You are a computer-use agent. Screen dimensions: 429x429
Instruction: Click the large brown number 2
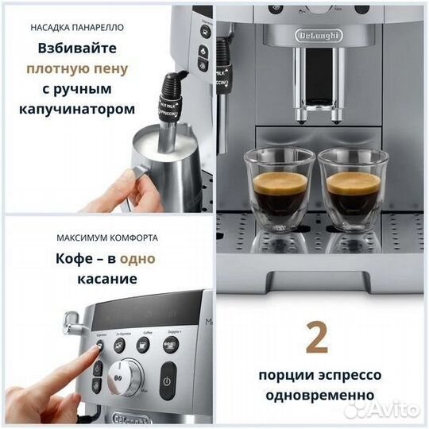point(317,338)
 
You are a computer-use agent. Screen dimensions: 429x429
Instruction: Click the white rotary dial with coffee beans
point(129,374)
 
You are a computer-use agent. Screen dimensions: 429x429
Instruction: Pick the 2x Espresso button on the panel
point(122,343)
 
